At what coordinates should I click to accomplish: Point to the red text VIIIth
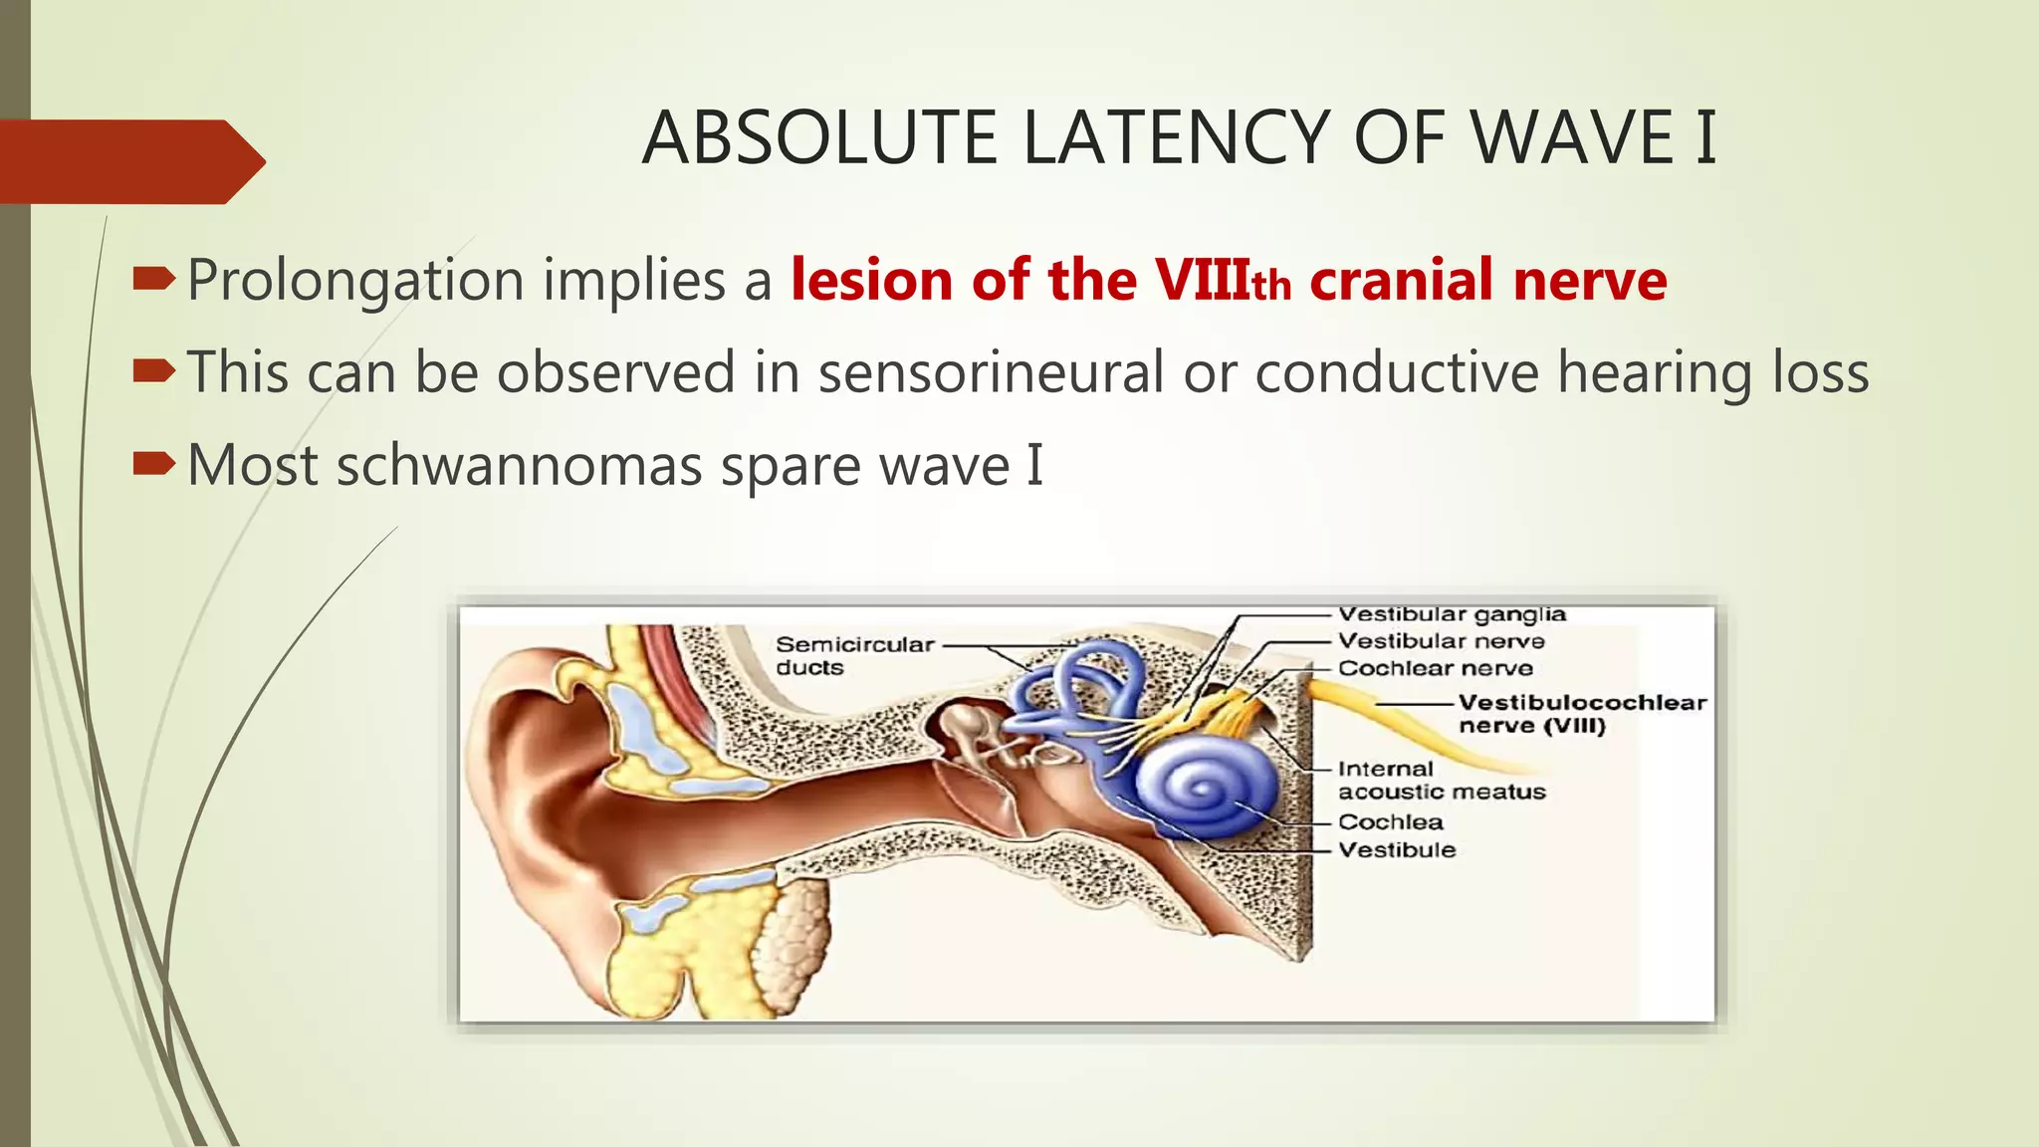[x=1223, y=281]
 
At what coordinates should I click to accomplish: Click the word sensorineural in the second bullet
[x=991, y=372]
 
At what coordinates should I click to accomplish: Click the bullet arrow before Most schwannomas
[x=154, y=463]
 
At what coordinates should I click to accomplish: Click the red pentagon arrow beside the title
[x=129, y=161]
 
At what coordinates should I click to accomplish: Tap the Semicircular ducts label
[x=854, y=656]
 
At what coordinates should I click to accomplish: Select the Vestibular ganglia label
[x=1452, y=614]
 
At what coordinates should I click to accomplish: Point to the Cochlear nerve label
[x=1435, y=668]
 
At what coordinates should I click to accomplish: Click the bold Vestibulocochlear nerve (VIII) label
[x=1581, y=714]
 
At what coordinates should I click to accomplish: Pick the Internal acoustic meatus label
[x=1441, y=781]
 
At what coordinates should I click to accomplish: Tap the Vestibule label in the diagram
[x=1397, y=850]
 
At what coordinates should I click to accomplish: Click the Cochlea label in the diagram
[x=1390, y=822]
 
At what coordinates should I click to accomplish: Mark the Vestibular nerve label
[x=1441, y=641]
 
